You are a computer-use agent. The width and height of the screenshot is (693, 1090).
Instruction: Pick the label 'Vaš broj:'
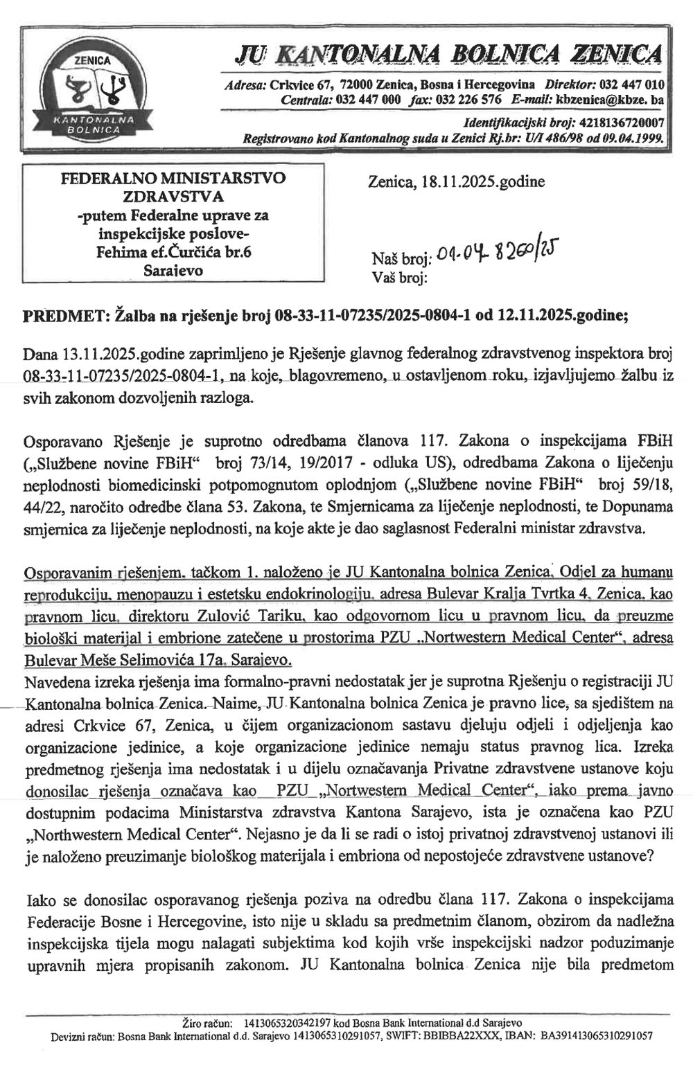tap(400, 279)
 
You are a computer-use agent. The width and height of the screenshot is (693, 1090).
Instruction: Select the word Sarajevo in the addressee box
tap(173, 270)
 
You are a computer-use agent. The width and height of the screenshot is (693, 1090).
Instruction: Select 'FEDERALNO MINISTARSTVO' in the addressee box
tap(173, 177)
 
